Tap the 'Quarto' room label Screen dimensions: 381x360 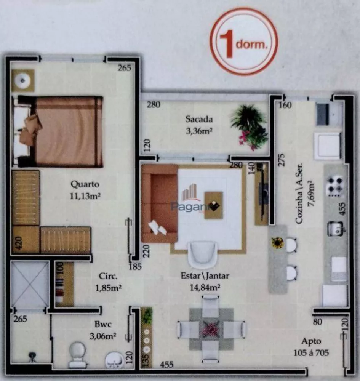(x=85, y=184)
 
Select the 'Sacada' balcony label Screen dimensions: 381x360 (x=199, y=119)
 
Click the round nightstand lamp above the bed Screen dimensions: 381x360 (x=23, y=80)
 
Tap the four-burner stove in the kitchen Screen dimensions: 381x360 (x=335, y=186)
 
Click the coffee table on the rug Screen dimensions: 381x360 (x=213, y=205)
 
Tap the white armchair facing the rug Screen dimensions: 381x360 (x=203, y=254)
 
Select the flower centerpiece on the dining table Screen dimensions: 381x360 (x=211, y=328)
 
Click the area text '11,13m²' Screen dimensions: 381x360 (x=85, y=196)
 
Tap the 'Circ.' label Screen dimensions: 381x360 (x=108, y=276)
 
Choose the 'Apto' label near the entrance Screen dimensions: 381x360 (x=311, y=341)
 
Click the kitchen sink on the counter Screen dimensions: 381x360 (x=336, y=228)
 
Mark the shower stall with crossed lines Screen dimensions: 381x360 (x=30, y=284)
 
